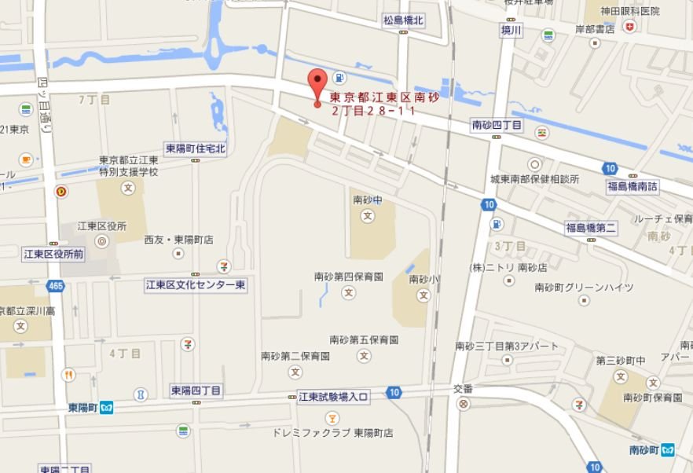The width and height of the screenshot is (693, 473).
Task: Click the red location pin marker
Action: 317,83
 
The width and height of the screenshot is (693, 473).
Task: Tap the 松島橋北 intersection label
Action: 404,21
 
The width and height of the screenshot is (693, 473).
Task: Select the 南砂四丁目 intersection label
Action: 497,125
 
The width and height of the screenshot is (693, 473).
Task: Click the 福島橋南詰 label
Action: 632,186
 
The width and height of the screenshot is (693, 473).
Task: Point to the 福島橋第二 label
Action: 591,228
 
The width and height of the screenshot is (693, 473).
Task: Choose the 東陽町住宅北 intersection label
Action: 195,148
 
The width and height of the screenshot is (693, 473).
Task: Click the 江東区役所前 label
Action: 53,254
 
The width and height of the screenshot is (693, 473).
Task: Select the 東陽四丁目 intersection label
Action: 196,390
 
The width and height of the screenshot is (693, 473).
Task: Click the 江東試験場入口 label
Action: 333,397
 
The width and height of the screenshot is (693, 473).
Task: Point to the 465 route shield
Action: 55,287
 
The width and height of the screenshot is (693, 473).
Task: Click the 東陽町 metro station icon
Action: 107,407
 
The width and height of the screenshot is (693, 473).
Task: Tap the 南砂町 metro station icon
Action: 668,450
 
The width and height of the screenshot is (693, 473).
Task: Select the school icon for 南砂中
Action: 367,217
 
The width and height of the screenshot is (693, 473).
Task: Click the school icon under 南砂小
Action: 423,295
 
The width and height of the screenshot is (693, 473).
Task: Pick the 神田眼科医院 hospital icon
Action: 629,27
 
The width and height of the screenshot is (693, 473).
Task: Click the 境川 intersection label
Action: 511,30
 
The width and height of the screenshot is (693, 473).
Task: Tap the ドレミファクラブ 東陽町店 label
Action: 332,433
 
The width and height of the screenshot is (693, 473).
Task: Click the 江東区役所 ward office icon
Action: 101,242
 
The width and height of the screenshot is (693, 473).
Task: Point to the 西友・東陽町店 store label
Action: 178,240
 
